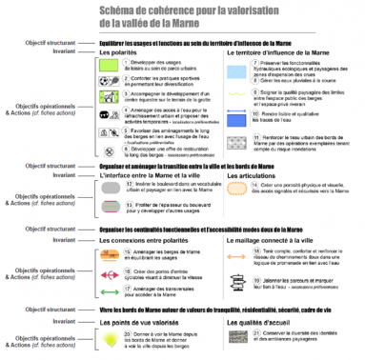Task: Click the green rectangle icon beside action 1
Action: [x=112, y=65]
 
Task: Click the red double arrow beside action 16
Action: [x=112, y=277]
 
